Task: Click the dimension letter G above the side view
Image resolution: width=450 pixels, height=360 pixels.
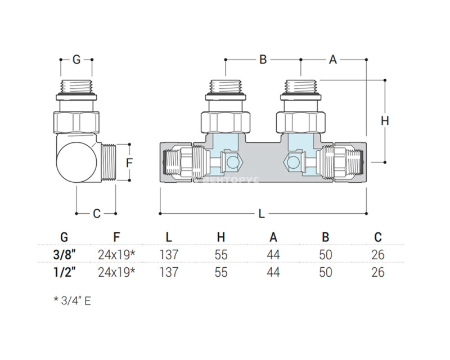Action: click(76, 59)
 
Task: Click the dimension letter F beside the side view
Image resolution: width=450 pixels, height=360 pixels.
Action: click(129, 163)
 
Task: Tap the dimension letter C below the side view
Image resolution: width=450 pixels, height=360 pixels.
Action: click(96, 214)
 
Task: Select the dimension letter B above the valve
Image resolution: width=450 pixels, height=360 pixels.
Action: click(263, 59)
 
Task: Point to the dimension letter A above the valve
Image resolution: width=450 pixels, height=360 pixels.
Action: click(333, 59)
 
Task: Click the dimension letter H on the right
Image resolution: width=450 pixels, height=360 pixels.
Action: click(385, 121)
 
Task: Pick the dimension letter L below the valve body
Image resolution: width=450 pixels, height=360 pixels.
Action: click(262, 214)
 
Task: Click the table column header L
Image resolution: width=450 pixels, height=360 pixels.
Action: click(169, 237)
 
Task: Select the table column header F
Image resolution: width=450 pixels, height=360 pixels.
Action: click(116, 237)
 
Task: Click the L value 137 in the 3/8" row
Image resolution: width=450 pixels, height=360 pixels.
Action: click(169, 254)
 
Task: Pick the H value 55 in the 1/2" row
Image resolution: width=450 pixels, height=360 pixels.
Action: click(221, 272)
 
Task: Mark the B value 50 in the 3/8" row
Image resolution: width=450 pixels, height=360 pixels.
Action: click(325, 254)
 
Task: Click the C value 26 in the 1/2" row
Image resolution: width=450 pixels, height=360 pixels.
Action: click(378, 272)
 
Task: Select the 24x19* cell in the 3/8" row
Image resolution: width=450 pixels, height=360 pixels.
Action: click(116, 254)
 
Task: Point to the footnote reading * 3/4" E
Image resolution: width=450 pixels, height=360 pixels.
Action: click(72, 300)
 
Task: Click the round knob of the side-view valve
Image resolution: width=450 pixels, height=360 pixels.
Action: click(75, 161)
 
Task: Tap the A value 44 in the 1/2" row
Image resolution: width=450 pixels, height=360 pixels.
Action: click(273, 272)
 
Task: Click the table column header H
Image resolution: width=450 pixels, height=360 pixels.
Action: click(221, 237)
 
